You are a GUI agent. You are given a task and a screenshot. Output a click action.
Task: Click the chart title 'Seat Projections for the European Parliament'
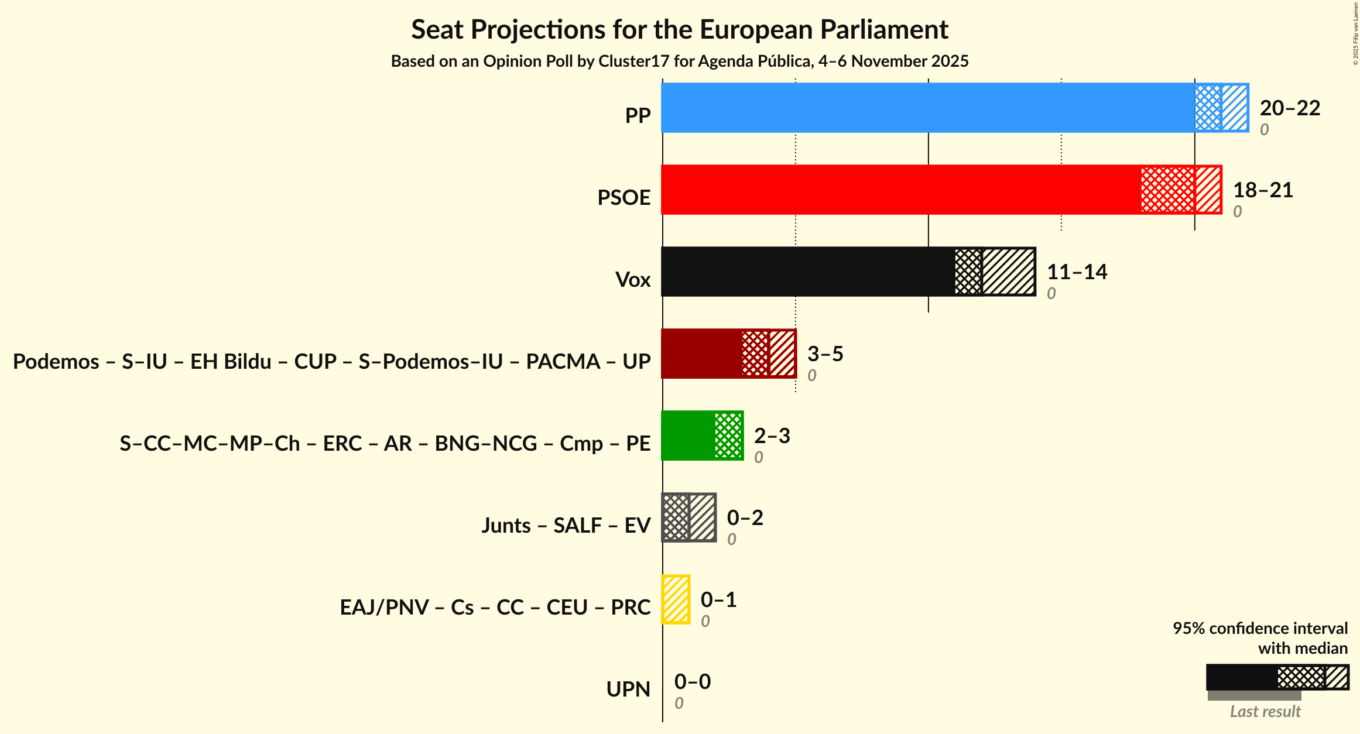point(679,29)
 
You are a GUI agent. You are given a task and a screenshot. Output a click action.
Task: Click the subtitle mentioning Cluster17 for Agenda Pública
point(679,61)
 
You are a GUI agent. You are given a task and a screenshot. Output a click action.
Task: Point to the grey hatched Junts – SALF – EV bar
point(689,517)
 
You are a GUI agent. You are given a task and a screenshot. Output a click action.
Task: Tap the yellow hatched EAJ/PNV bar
point(676,599)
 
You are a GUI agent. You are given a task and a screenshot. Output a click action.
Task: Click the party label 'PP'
point(638,116)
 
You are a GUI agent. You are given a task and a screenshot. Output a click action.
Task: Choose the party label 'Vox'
point(633,280)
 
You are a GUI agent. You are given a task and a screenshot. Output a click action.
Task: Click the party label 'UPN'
point(628,690)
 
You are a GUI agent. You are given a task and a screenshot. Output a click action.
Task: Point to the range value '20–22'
point(1290,108)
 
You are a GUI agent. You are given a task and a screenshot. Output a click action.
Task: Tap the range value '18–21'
point(1263,190)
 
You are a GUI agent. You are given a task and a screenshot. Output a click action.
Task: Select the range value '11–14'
point(1077,272)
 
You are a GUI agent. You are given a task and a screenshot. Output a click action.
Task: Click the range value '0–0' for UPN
point(692,681)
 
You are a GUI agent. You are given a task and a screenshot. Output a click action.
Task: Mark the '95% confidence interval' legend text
point(1260,629)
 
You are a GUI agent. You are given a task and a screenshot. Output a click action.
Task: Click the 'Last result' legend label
point(1265,711)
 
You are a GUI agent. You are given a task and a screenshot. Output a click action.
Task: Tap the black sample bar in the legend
point(1241,677)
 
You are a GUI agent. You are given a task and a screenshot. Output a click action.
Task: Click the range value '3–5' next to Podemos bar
point(825,354)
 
